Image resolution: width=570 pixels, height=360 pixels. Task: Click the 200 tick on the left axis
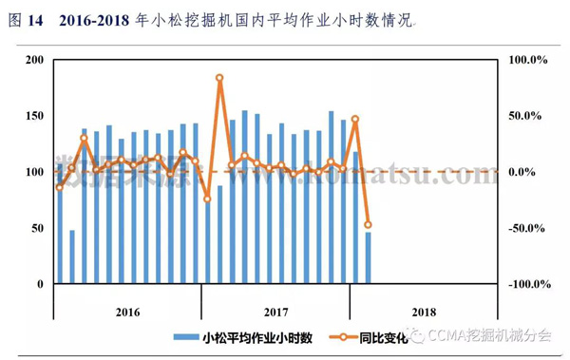34,60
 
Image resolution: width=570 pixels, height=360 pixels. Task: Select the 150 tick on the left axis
34,116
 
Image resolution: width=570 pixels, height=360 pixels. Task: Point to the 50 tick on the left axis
37,228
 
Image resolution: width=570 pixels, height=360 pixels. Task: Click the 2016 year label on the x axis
127,311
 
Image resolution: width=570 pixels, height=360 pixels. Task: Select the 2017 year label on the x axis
275,311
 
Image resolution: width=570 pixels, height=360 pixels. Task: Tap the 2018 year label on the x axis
424,311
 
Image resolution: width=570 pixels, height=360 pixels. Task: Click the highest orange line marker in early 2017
219,78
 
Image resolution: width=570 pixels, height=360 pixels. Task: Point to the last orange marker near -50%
368,225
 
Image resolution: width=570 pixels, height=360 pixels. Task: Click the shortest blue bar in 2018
368,257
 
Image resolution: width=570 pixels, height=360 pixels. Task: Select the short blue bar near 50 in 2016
72,256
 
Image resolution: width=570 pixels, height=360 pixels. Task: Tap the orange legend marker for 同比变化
337,337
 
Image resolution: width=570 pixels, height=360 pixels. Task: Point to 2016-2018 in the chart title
99,20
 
